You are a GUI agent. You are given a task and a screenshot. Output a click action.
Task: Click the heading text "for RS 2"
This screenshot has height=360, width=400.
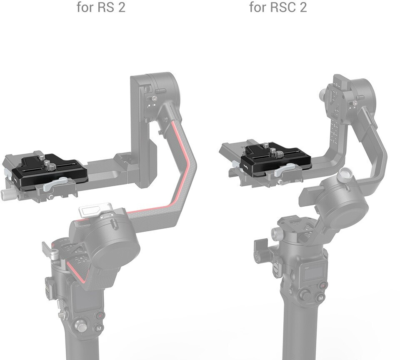(x=101, y=7)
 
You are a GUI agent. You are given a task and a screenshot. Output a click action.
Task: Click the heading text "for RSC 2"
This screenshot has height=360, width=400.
(x=278, y=7)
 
